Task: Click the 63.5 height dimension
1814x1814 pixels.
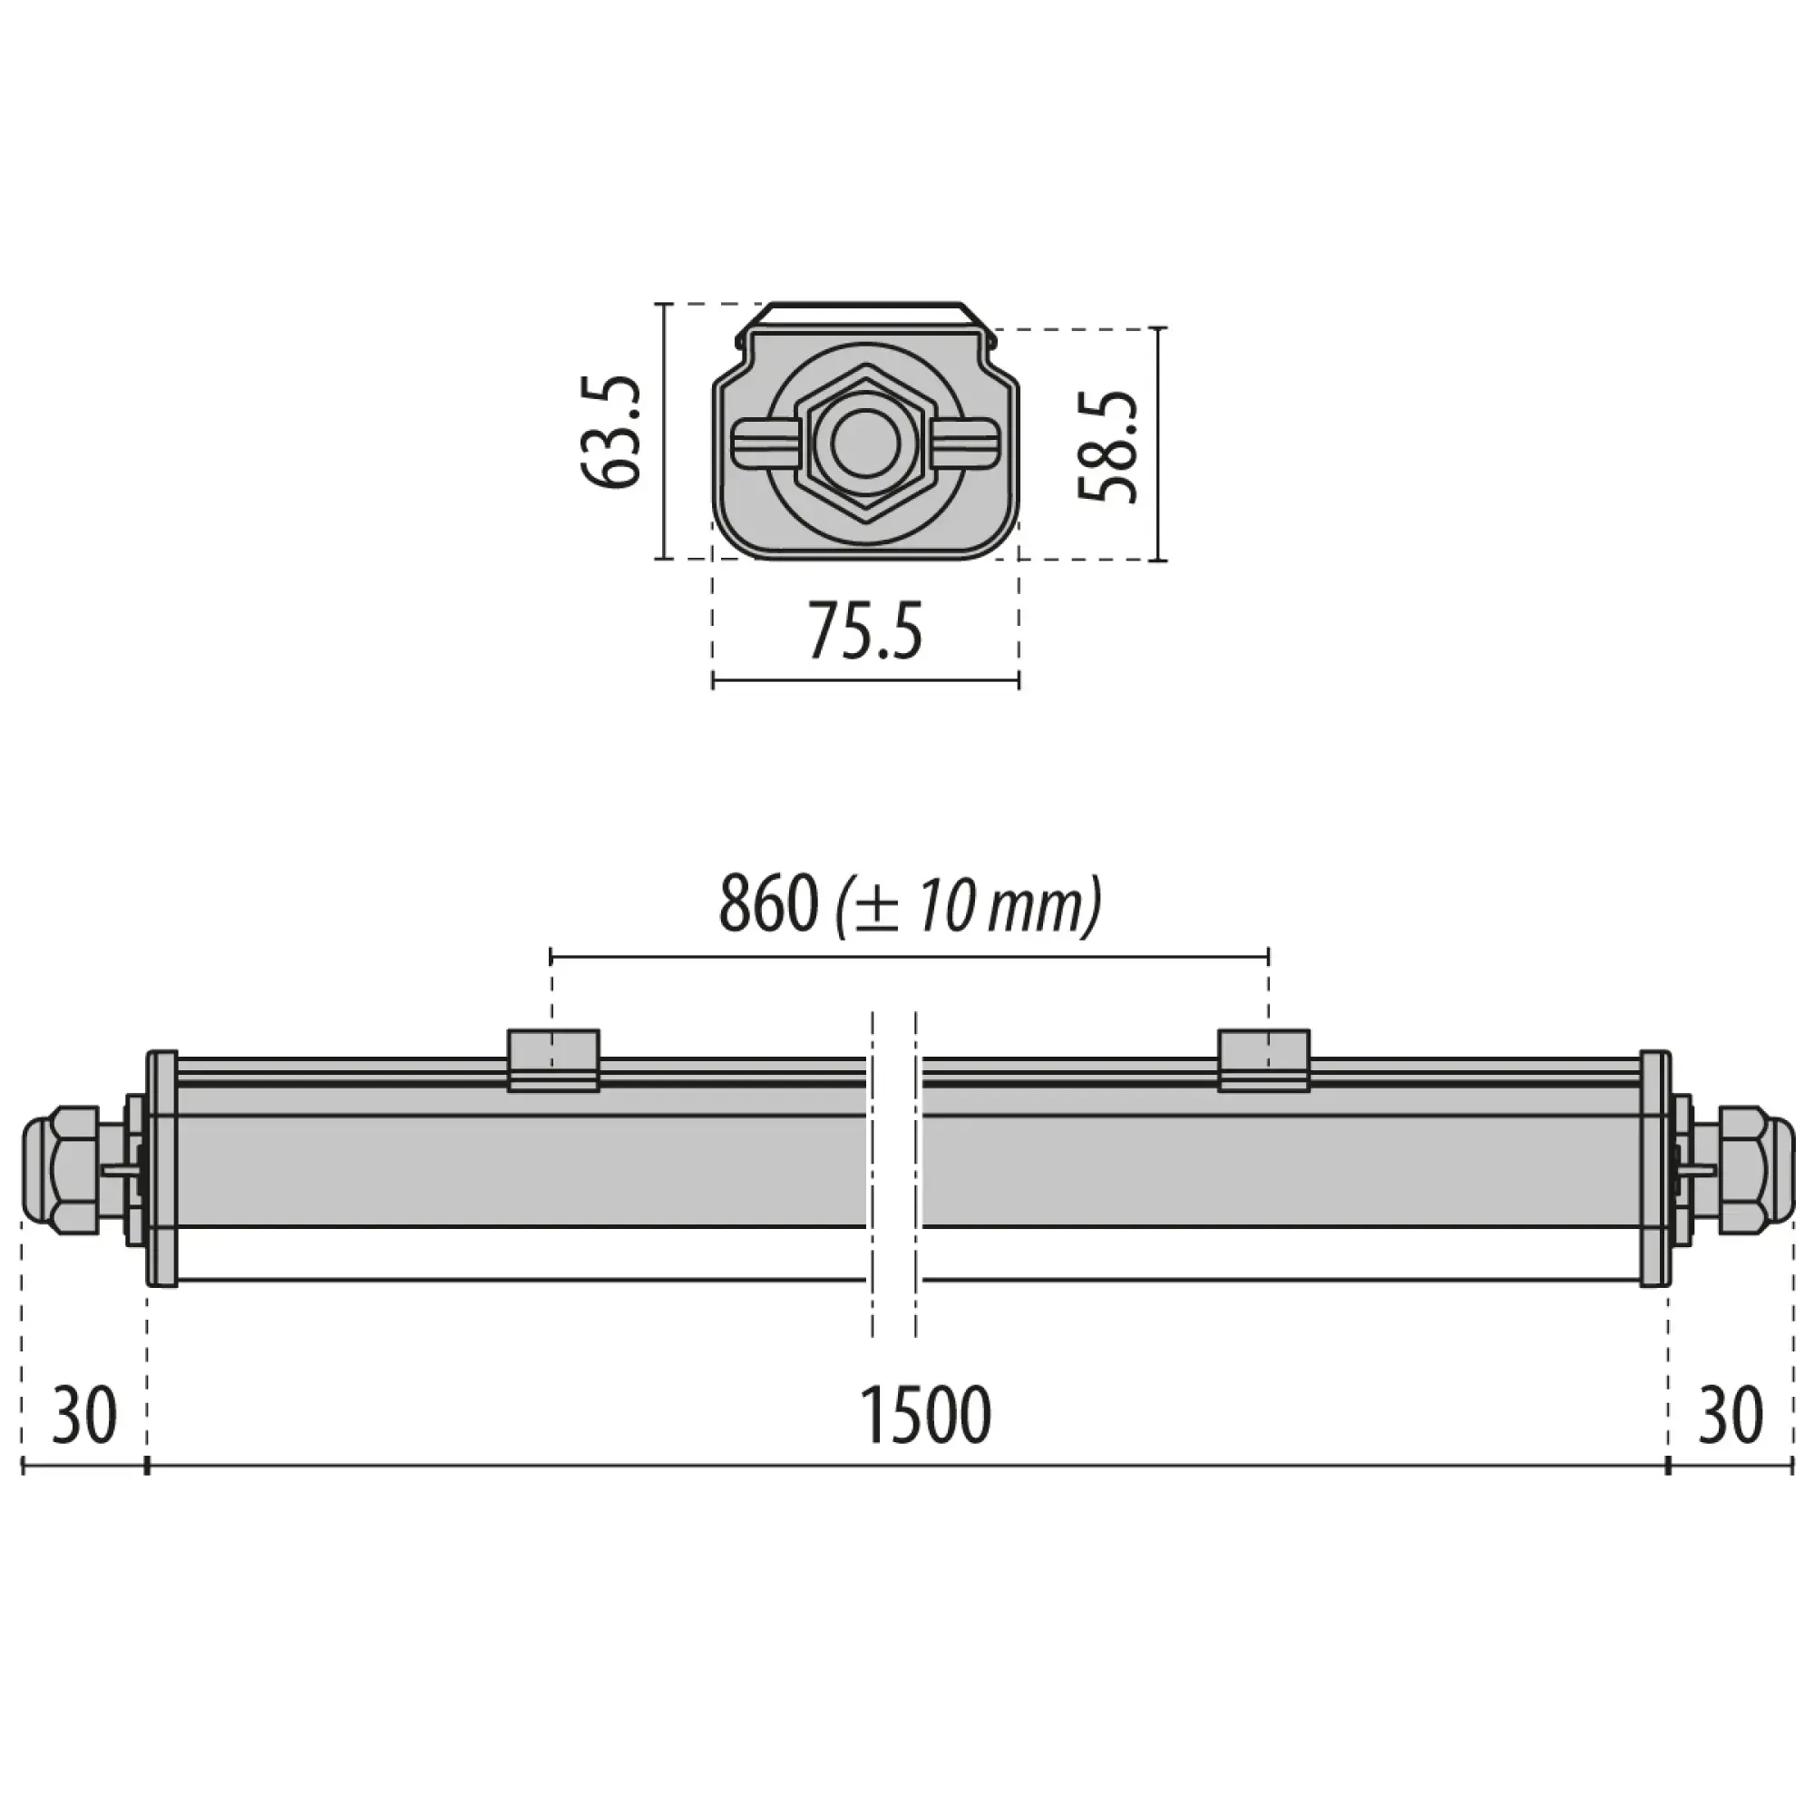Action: pos(610,432)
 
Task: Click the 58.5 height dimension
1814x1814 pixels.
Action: pos(1108,447)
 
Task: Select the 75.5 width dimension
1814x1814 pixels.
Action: pos(864,631)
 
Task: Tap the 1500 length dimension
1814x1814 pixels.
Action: pos(925,1416)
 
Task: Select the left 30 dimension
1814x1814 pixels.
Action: pos(84,1416)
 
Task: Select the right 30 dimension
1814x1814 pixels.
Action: pos(1730,1416)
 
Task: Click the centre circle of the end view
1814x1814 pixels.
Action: pos(864,447)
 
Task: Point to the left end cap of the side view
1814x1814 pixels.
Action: pos(161,1168)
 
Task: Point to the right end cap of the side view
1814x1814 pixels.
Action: pos(1654,1168)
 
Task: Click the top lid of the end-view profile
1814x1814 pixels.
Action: pos(864,314)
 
